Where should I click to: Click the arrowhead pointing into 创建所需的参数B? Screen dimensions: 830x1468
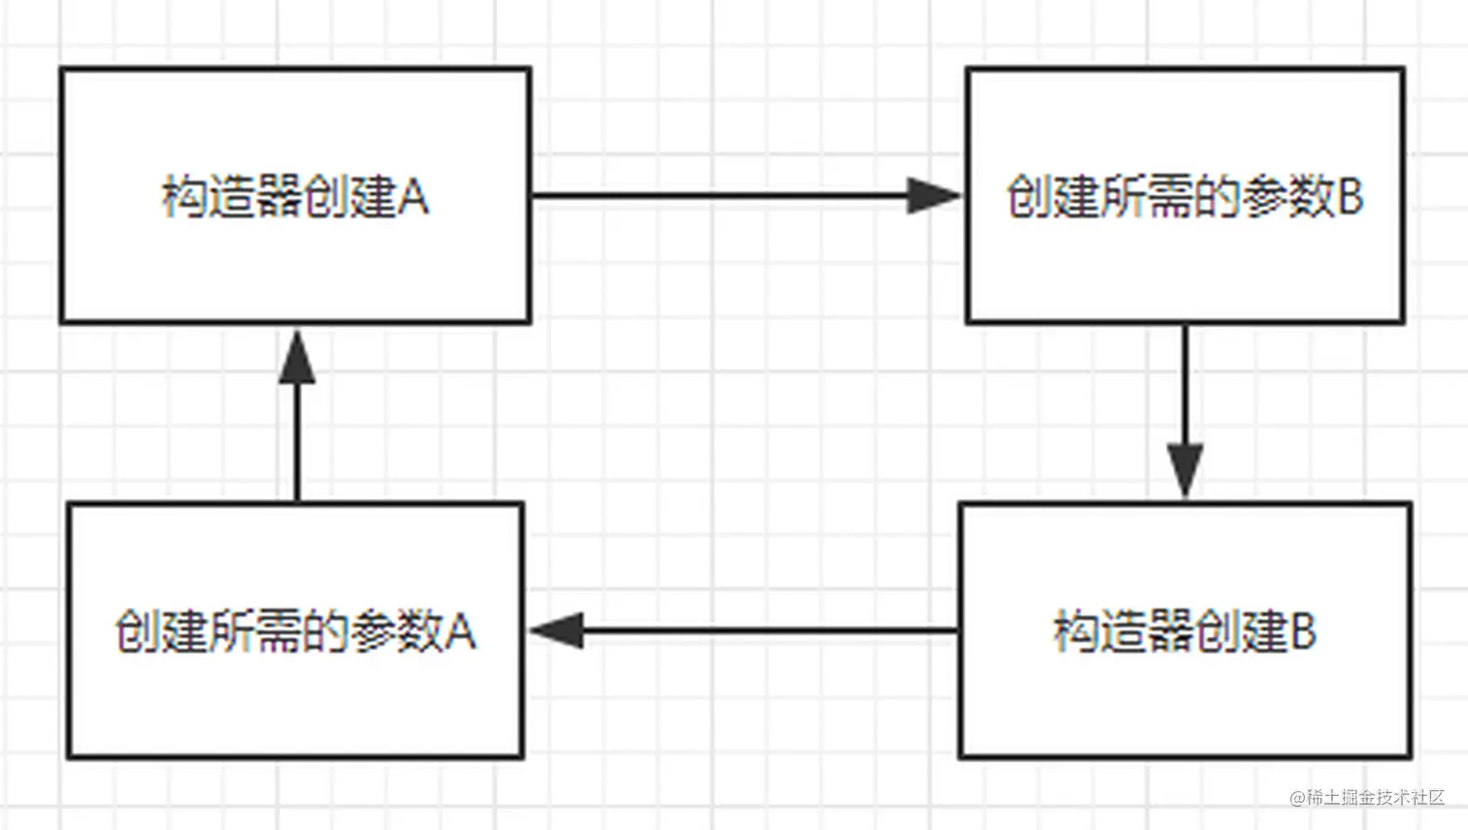[933, 196]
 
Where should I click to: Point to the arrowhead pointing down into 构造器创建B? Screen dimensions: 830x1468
[1185, 470]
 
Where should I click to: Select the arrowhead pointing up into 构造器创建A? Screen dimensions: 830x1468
[297, 357]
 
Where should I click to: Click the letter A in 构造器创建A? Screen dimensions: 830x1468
[414, 198]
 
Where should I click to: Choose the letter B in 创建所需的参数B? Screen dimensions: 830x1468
[1351, 197]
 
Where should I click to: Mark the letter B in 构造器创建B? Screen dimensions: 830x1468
[1302, 632]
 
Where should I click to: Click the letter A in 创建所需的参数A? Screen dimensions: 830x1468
[461, 632]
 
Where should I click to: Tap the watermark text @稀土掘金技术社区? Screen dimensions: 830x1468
[1367, 798]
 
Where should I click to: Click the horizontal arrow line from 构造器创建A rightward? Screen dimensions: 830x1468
[718, 196]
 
